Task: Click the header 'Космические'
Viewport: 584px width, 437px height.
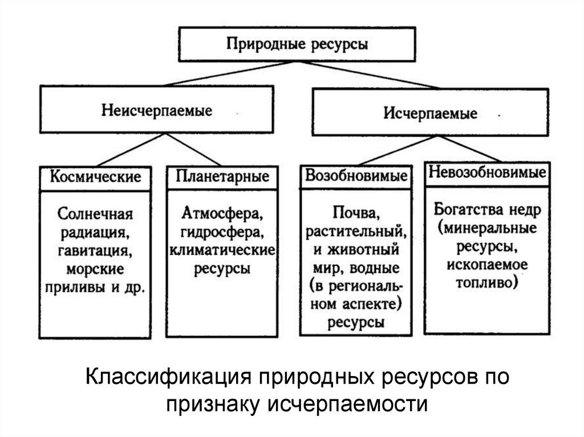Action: pos(95,176)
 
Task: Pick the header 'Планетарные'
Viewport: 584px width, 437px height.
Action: pos(222,176)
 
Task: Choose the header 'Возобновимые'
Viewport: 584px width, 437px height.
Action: pos(356,176)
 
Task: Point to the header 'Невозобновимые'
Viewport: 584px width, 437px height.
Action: pos(486,172)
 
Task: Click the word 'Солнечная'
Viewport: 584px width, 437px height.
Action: pos(95,216)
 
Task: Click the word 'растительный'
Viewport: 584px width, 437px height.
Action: pos(356,232)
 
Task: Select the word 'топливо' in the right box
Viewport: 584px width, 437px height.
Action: pos(487,283)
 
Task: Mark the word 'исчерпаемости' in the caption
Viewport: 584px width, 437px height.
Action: pos(346,404)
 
